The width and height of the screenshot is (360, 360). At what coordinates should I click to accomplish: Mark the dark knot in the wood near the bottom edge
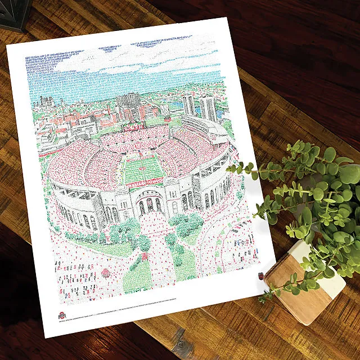pyautogui.click(x=181, y=341)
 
